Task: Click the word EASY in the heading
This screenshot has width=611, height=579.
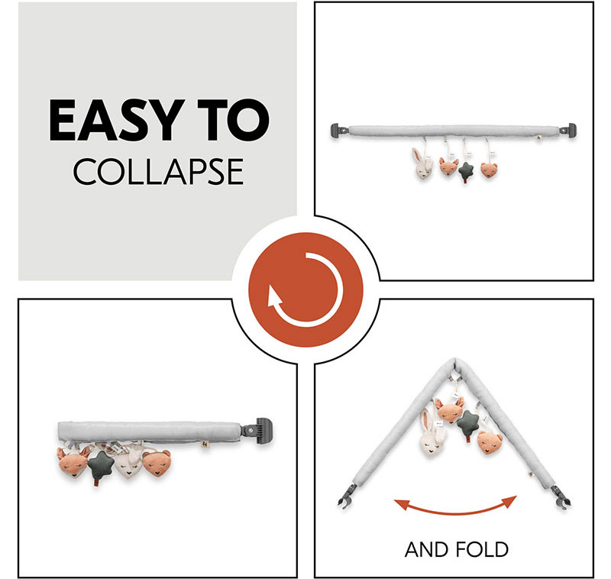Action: (x=117, y=120)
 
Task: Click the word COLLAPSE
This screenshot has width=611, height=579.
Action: (x=158, y=172)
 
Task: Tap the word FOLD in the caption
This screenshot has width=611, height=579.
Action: (x=482, y=550)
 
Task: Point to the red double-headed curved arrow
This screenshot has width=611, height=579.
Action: (x=455, y=509)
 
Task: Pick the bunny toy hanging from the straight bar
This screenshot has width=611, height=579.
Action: (x=422, y=164)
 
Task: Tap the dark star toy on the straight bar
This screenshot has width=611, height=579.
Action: (x=466, y=171)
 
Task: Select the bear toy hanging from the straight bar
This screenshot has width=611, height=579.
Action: (x=489, y=170)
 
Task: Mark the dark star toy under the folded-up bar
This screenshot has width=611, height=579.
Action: (x=100, y=466)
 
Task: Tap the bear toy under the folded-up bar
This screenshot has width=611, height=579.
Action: (x=157, y=464)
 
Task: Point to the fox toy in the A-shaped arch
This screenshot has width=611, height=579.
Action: (x=450, y=410)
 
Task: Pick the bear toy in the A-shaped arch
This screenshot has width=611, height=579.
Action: (x=490, y=442)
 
